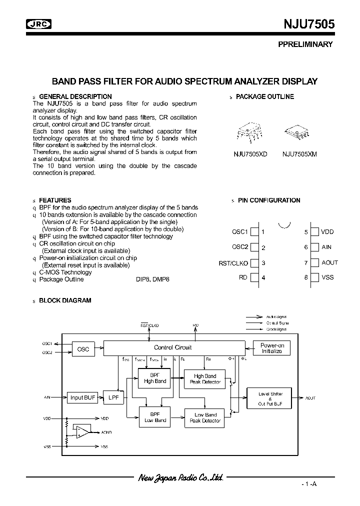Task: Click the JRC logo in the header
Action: point(38,23)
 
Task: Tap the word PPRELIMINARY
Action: point(305,44)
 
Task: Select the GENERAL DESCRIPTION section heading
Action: point(75,96)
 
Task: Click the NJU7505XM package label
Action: point(299,154)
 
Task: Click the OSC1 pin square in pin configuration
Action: point(254,232)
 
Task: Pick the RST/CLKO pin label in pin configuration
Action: point(233,262)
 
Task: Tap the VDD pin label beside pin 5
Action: point(327,232)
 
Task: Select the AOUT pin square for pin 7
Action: point(314,262)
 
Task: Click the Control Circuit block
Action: point(173,347)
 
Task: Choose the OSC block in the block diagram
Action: point(83,348)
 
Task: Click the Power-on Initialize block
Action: point(272,348)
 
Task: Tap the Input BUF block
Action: point(83,397)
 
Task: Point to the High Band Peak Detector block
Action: point(205,379)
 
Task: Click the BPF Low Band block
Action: point(155,417)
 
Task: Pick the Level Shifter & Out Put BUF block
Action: point(270,398)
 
